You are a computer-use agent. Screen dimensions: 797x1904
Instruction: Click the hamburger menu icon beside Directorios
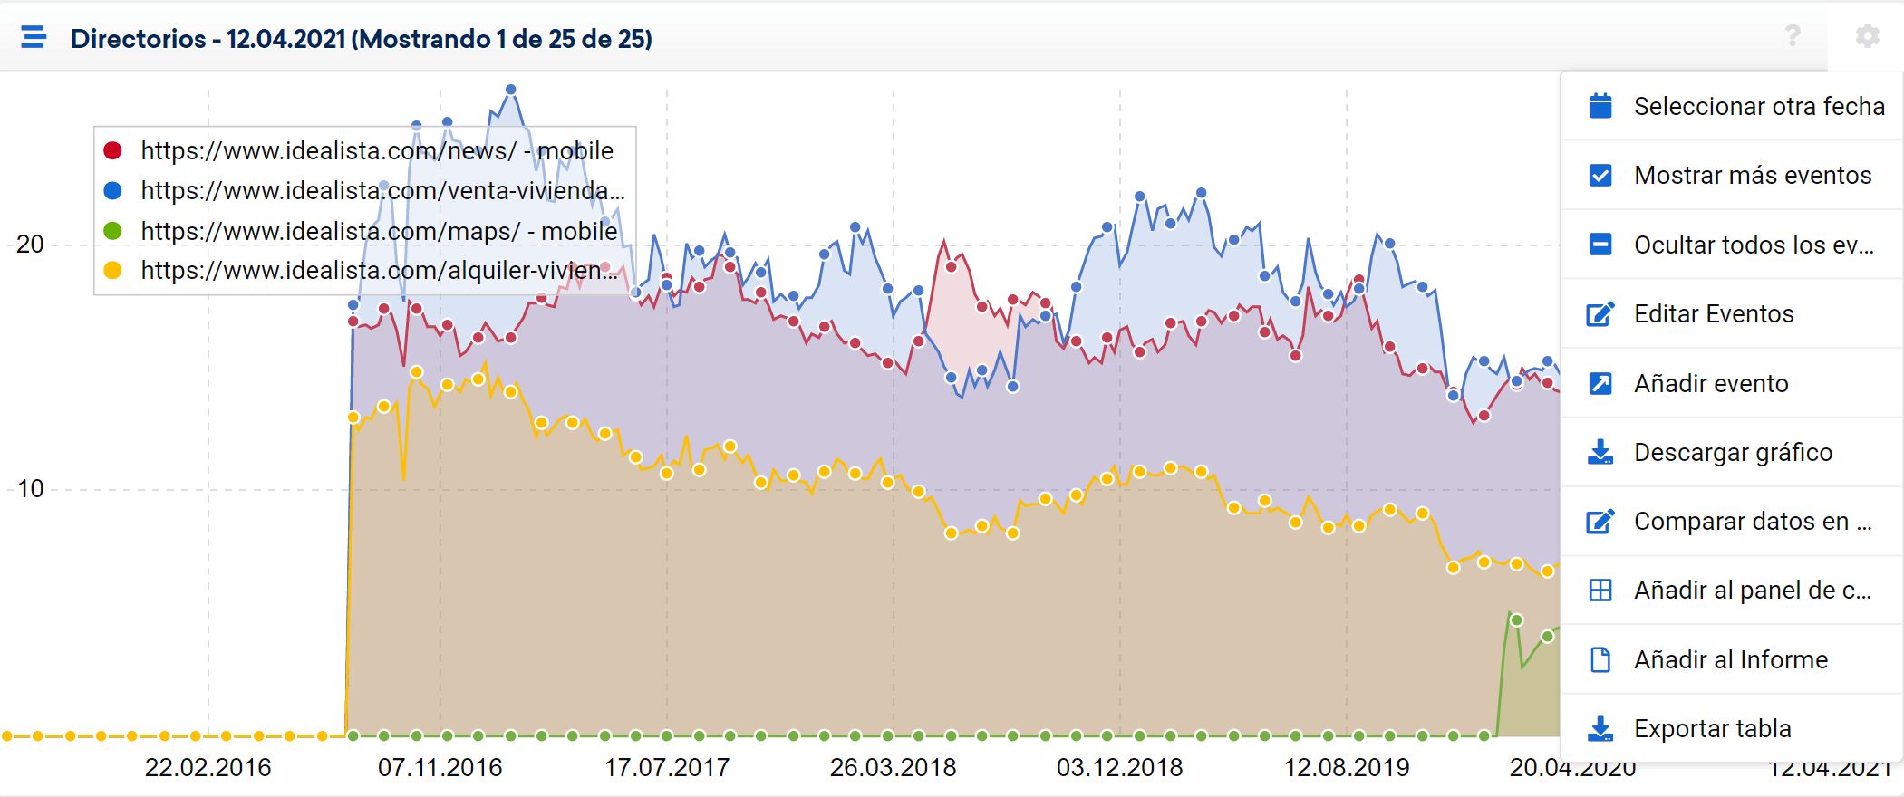point(34,37)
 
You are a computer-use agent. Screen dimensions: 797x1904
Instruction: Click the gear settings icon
point(1867,36)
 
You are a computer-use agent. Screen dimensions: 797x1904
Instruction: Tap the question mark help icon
point(1792,36)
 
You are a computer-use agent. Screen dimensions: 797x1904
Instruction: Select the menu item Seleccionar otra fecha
point(1758,106)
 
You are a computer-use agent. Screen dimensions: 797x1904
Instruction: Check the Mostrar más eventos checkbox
point(1600,175)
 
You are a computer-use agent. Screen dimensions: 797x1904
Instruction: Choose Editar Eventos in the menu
point(1713,313)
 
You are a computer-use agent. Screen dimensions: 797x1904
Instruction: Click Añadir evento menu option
point(1710,383)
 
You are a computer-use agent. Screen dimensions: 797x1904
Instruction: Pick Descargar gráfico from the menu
point(1732,452)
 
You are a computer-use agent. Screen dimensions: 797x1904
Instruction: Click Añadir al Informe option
point(1730,659)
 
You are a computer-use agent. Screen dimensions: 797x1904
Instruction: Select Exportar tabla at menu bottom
point(1712,728)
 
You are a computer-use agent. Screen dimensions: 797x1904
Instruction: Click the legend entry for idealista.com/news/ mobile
point(376,150)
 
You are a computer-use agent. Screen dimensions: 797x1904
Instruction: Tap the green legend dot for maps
point(113,231)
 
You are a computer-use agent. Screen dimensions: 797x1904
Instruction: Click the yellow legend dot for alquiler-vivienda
point(113,270)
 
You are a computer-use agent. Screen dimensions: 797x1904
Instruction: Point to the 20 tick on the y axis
point(30,245)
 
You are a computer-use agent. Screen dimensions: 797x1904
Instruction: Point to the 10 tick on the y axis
point(30,489)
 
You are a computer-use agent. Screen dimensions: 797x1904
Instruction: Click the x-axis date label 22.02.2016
point(208,768)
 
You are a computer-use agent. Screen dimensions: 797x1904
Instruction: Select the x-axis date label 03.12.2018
point(1119,768)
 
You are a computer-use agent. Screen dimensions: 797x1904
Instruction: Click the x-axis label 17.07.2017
point(667,768)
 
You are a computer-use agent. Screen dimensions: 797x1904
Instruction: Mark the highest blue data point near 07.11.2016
point(511,90)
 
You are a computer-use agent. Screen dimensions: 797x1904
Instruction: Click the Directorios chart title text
point(361,39)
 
